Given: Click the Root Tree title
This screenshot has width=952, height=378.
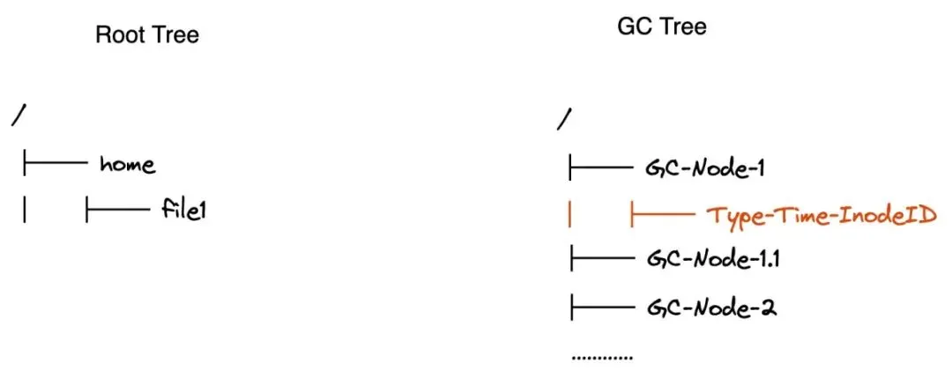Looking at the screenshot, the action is (x=147, y=35).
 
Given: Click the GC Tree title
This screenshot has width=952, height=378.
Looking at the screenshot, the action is (x=661, y=26).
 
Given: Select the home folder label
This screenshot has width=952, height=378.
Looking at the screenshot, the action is (x=128, y=164).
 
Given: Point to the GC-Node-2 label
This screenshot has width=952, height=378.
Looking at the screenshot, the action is (x=710, y=308).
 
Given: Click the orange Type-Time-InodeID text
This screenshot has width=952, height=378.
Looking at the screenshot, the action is (x=822, y=214).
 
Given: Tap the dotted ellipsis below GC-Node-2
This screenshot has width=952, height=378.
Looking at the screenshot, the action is (x=602, y=359).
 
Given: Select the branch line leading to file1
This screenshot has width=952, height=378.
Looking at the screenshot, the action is (x=116, y=211).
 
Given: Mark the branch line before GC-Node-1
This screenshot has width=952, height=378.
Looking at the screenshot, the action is (x=602, y=166).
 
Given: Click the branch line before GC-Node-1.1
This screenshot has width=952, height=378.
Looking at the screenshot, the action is (x=602, y=259).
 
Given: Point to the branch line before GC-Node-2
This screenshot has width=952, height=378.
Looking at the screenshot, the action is (x=602, y=308).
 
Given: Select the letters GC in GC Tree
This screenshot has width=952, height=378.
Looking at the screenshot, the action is (x=633, y=26).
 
